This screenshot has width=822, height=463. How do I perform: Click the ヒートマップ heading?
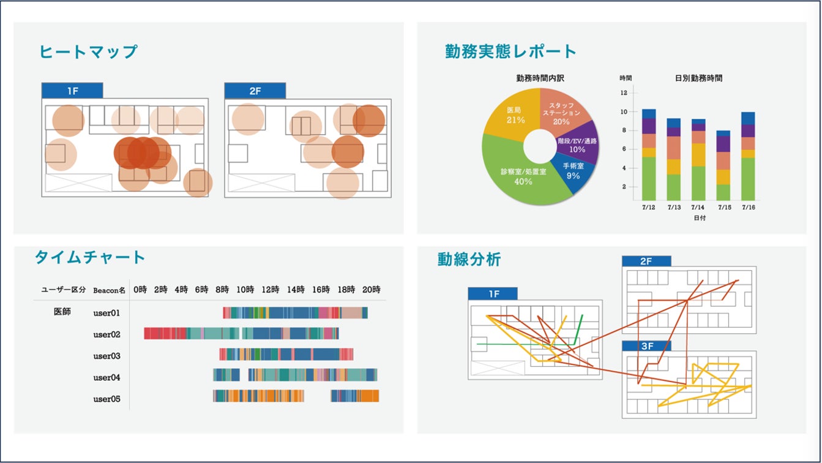pos(88,51)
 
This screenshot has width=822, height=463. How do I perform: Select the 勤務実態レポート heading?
pos(510,51)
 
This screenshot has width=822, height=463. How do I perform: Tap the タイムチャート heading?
pos(90,257)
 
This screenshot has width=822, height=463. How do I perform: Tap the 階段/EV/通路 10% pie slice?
pos(577,145)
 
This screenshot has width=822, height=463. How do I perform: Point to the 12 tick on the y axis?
pos(624,93)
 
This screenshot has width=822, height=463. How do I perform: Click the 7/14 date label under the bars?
pos(698,208)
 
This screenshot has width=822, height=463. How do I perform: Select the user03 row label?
pos(106,356)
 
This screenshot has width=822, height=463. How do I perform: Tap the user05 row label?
pos(106,399)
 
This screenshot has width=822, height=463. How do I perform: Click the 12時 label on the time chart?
pos(271,290)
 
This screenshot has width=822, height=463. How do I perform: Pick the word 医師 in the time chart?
pos(62,312)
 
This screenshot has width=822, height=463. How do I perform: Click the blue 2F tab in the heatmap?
pos(255,91)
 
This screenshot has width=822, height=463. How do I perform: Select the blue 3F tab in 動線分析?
pos(646,346)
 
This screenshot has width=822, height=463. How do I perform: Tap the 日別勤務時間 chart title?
pos(698,78)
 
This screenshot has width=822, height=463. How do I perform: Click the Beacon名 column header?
pos(110,290)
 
